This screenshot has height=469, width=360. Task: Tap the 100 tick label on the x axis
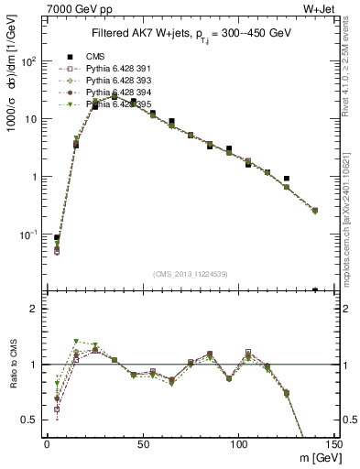[x=239, y=444]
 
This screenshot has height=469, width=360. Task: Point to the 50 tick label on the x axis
[x=143, y=444]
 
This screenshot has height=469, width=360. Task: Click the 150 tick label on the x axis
[x=334, y=444]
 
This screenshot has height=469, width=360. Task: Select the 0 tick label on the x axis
[x=47, y=444]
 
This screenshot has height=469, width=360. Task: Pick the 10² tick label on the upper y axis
[x=31, y=60]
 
